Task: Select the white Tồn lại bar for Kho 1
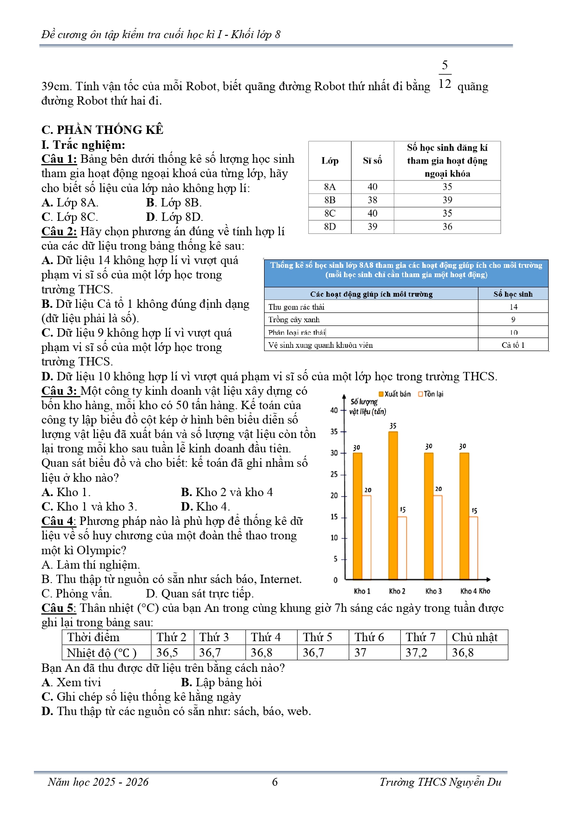(366, 537)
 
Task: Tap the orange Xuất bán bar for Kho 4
(464, 516)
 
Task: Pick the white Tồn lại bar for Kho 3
(438, 537)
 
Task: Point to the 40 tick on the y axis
(334, 410)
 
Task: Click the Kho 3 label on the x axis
(433, 591)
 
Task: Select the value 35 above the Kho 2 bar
(393, 426)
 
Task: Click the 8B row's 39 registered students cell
(447, 200)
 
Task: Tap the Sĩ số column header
(372, 161)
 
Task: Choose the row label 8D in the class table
(330, 226)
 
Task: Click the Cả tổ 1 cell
(513, 345)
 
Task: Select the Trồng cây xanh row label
(294, 319)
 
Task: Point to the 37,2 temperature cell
(416, 652)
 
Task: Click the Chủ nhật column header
(474, 637)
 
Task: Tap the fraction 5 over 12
(444, 74)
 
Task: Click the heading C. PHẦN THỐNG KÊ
(102, 130)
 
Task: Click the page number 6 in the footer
(275, 782)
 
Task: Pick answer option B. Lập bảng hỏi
(221, 682)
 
